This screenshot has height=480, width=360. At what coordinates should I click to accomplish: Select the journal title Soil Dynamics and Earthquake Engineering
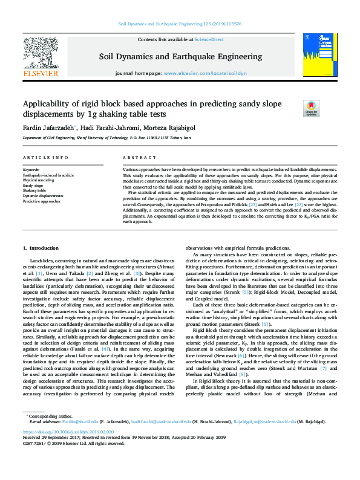point(180,56)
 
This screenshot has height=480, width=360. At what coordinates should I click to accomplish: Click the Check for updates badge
point(311,108)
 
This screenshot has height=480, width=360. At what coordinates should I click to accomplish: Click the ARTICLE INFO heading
point(45,158)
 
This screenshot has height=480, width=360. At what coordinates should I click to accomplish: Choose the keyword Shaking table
point(35,191)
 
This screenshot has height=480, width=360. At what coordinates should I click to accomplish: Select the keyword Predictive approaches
point(42,201)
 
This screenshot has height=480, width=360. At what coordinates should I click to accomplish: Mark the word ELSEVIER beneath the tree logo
point(40,74)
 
